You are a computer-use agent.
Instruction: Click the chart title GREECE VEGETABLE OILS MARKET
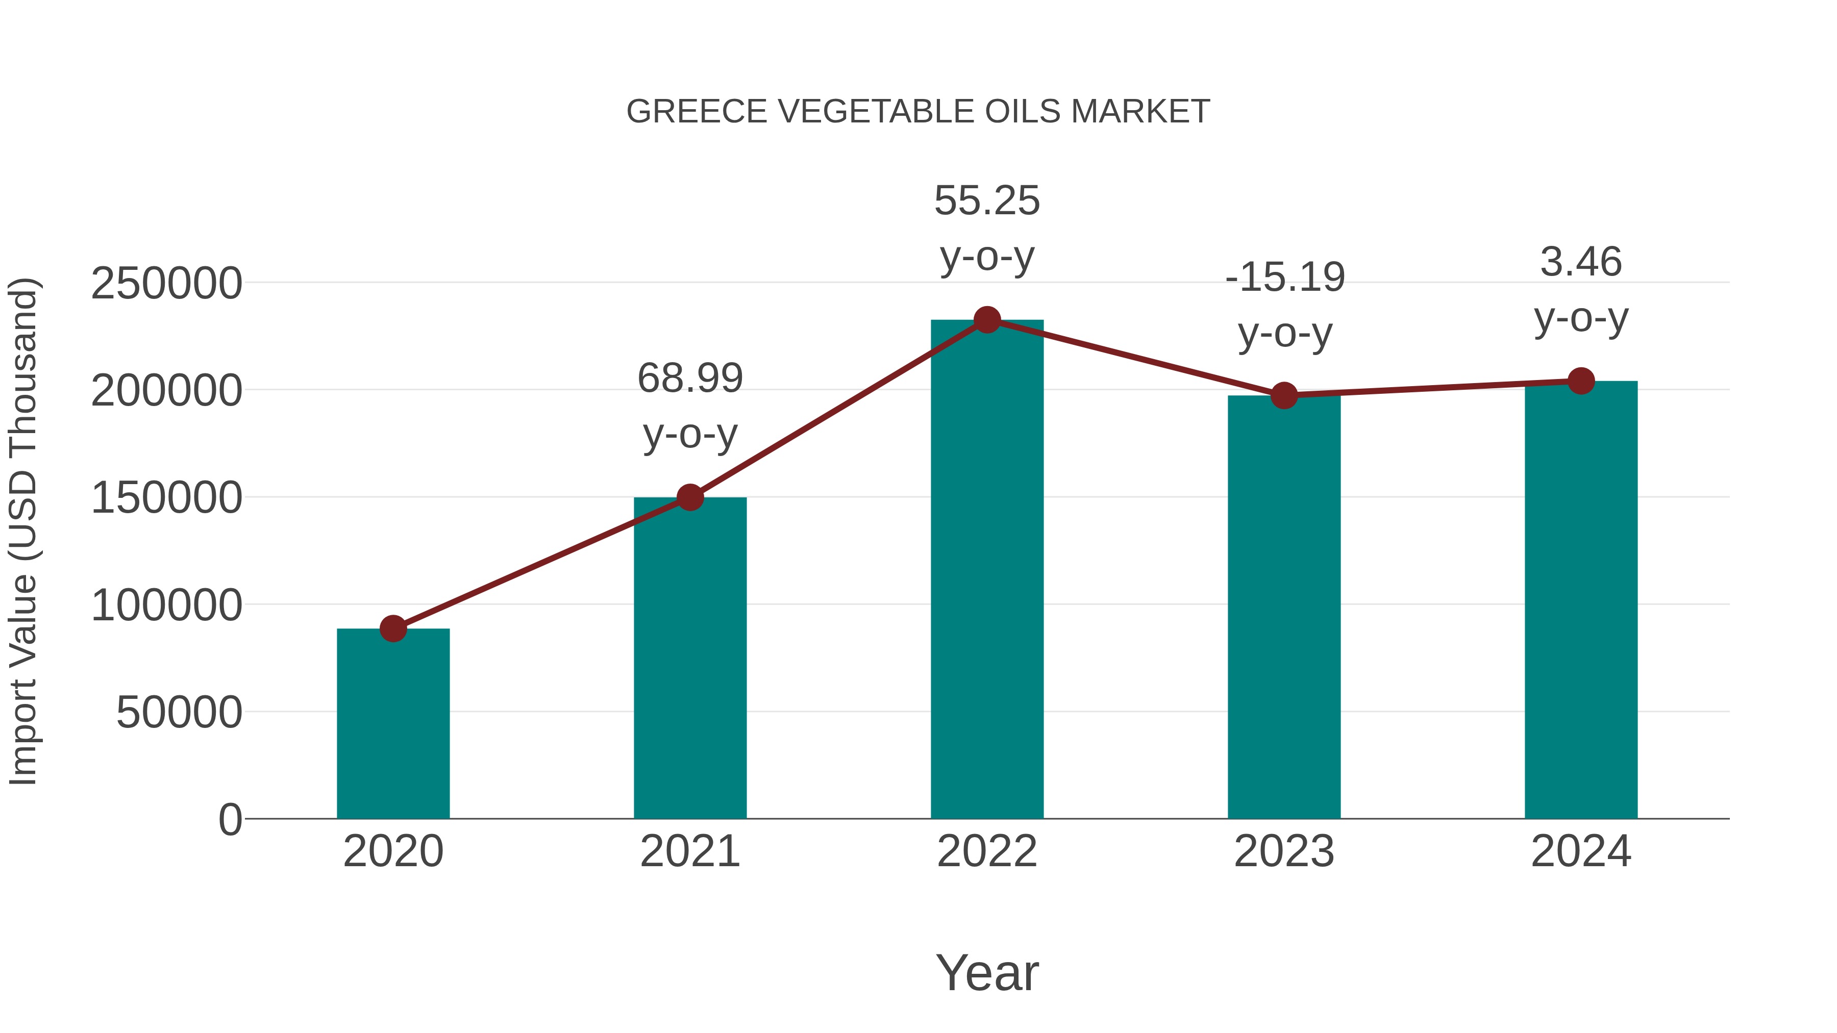[x=918, y=112]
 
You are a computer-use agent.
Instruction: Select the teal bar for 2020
[x=393, y=723]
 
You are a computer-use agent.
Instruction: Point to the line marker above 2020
[x=393, y=629]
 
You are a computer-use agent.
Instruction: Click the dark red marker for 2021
[x=689, y=497]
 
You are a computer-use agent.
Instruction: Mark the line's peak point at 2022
[x=987, y=320]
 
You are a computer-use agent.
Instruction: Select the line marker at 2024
[x=1581, y=382]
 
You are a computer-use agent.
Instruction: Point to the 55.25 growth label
[x=987, y=228]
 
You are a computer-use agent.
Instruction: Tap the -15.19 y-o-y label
[x=1284, y=305]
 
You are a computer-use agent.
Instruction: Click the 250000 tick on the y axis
[x=166, y=284]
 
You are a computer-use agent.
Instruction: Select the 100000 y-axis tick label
[x=166, y=605]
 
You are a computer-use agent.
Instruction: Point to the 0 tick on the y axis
[x=230, y=819]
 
